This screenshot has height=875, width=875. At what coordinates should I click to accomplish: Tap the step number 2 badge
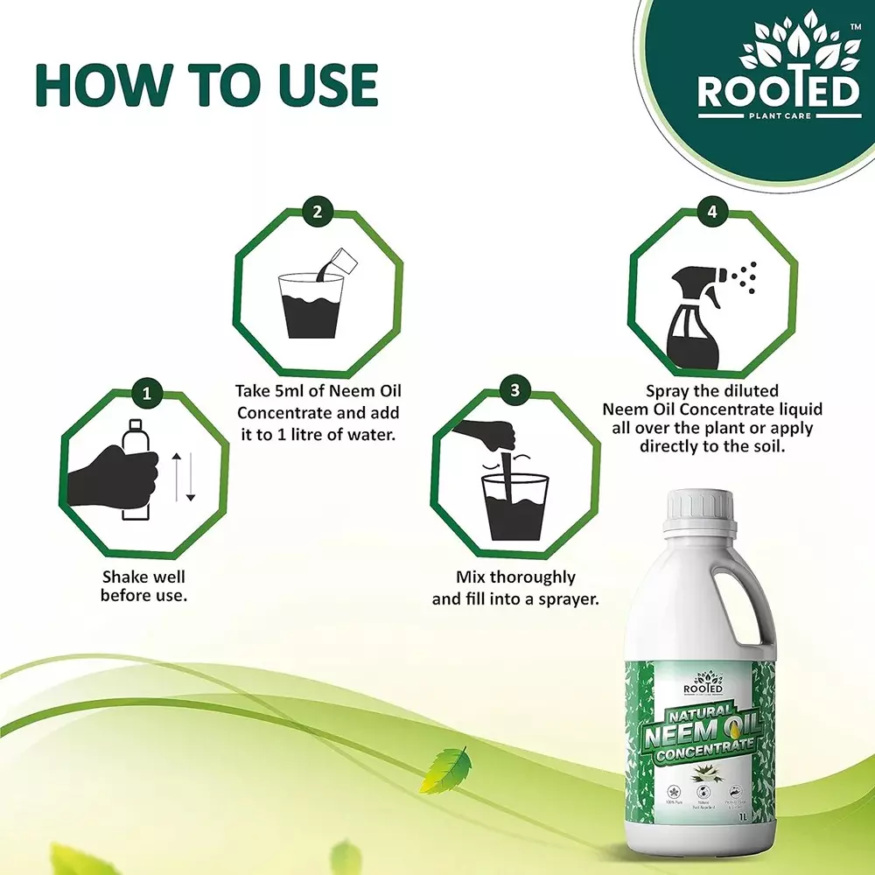pyautogui.click(x=318, y=210)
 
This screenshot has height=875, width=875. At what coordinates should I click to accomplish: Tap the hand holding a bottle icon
pyautogui.click(x=118, y=472)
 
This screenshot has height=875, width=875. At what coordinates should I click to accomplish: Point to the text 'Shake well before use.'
pyautogui.click(x=144, y=586)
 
